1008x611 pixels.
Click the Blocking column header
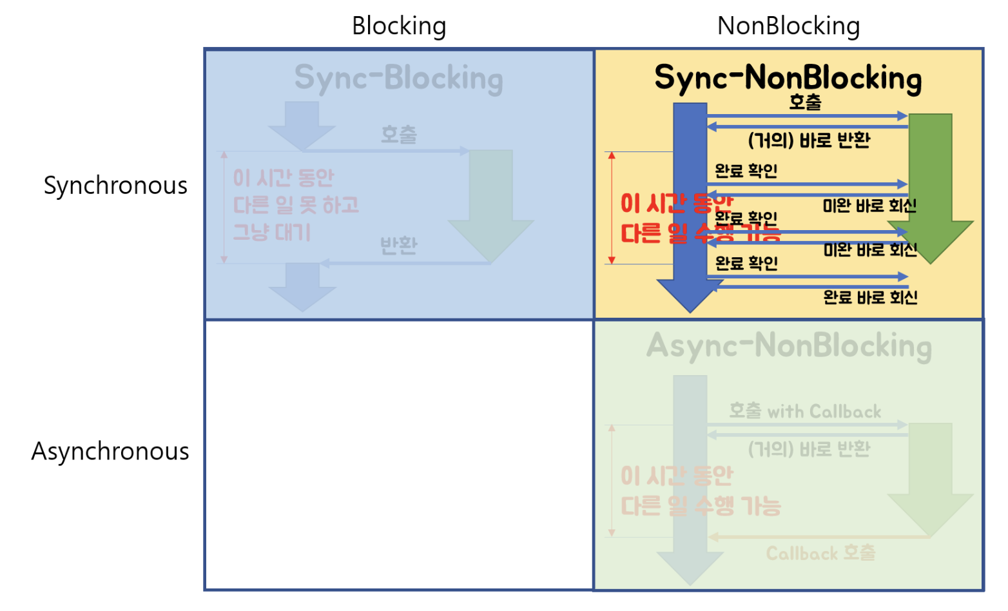399,26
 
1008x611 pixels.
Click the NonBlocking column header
788,26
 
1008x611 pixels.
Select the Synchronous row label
115,186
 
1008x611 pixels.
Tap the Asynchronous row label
110,451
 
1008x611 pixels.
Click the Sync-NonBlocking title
788,78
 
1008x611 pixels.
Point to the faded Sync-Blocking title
398,78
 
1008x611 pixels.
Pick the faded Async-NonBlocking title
789,346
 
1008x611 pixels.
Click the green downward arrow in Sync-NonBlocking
930,187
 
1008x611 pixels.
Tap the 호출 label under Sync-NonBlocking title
805,102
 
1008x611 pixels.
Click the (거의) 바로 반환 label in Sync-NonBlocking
809,140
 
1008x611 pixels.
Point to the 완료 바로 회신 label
870,297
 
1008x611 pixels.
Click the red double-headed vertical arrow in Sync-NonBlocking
612,208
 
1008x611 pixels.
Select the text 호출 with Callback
805,411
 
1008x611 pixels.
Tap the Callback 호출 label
820,553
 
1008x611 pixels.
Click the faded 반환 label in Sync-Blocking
398,245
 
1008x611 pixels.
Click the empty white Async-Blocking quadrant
399,455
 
